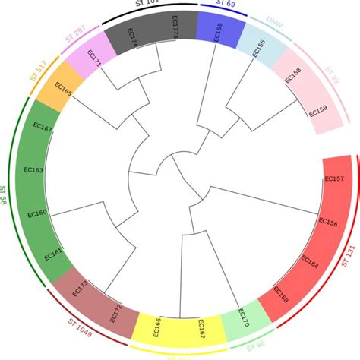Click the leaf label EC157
334,179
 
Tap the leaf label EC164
310,264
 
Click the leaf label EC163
34,169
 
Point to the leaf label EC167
43,128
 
